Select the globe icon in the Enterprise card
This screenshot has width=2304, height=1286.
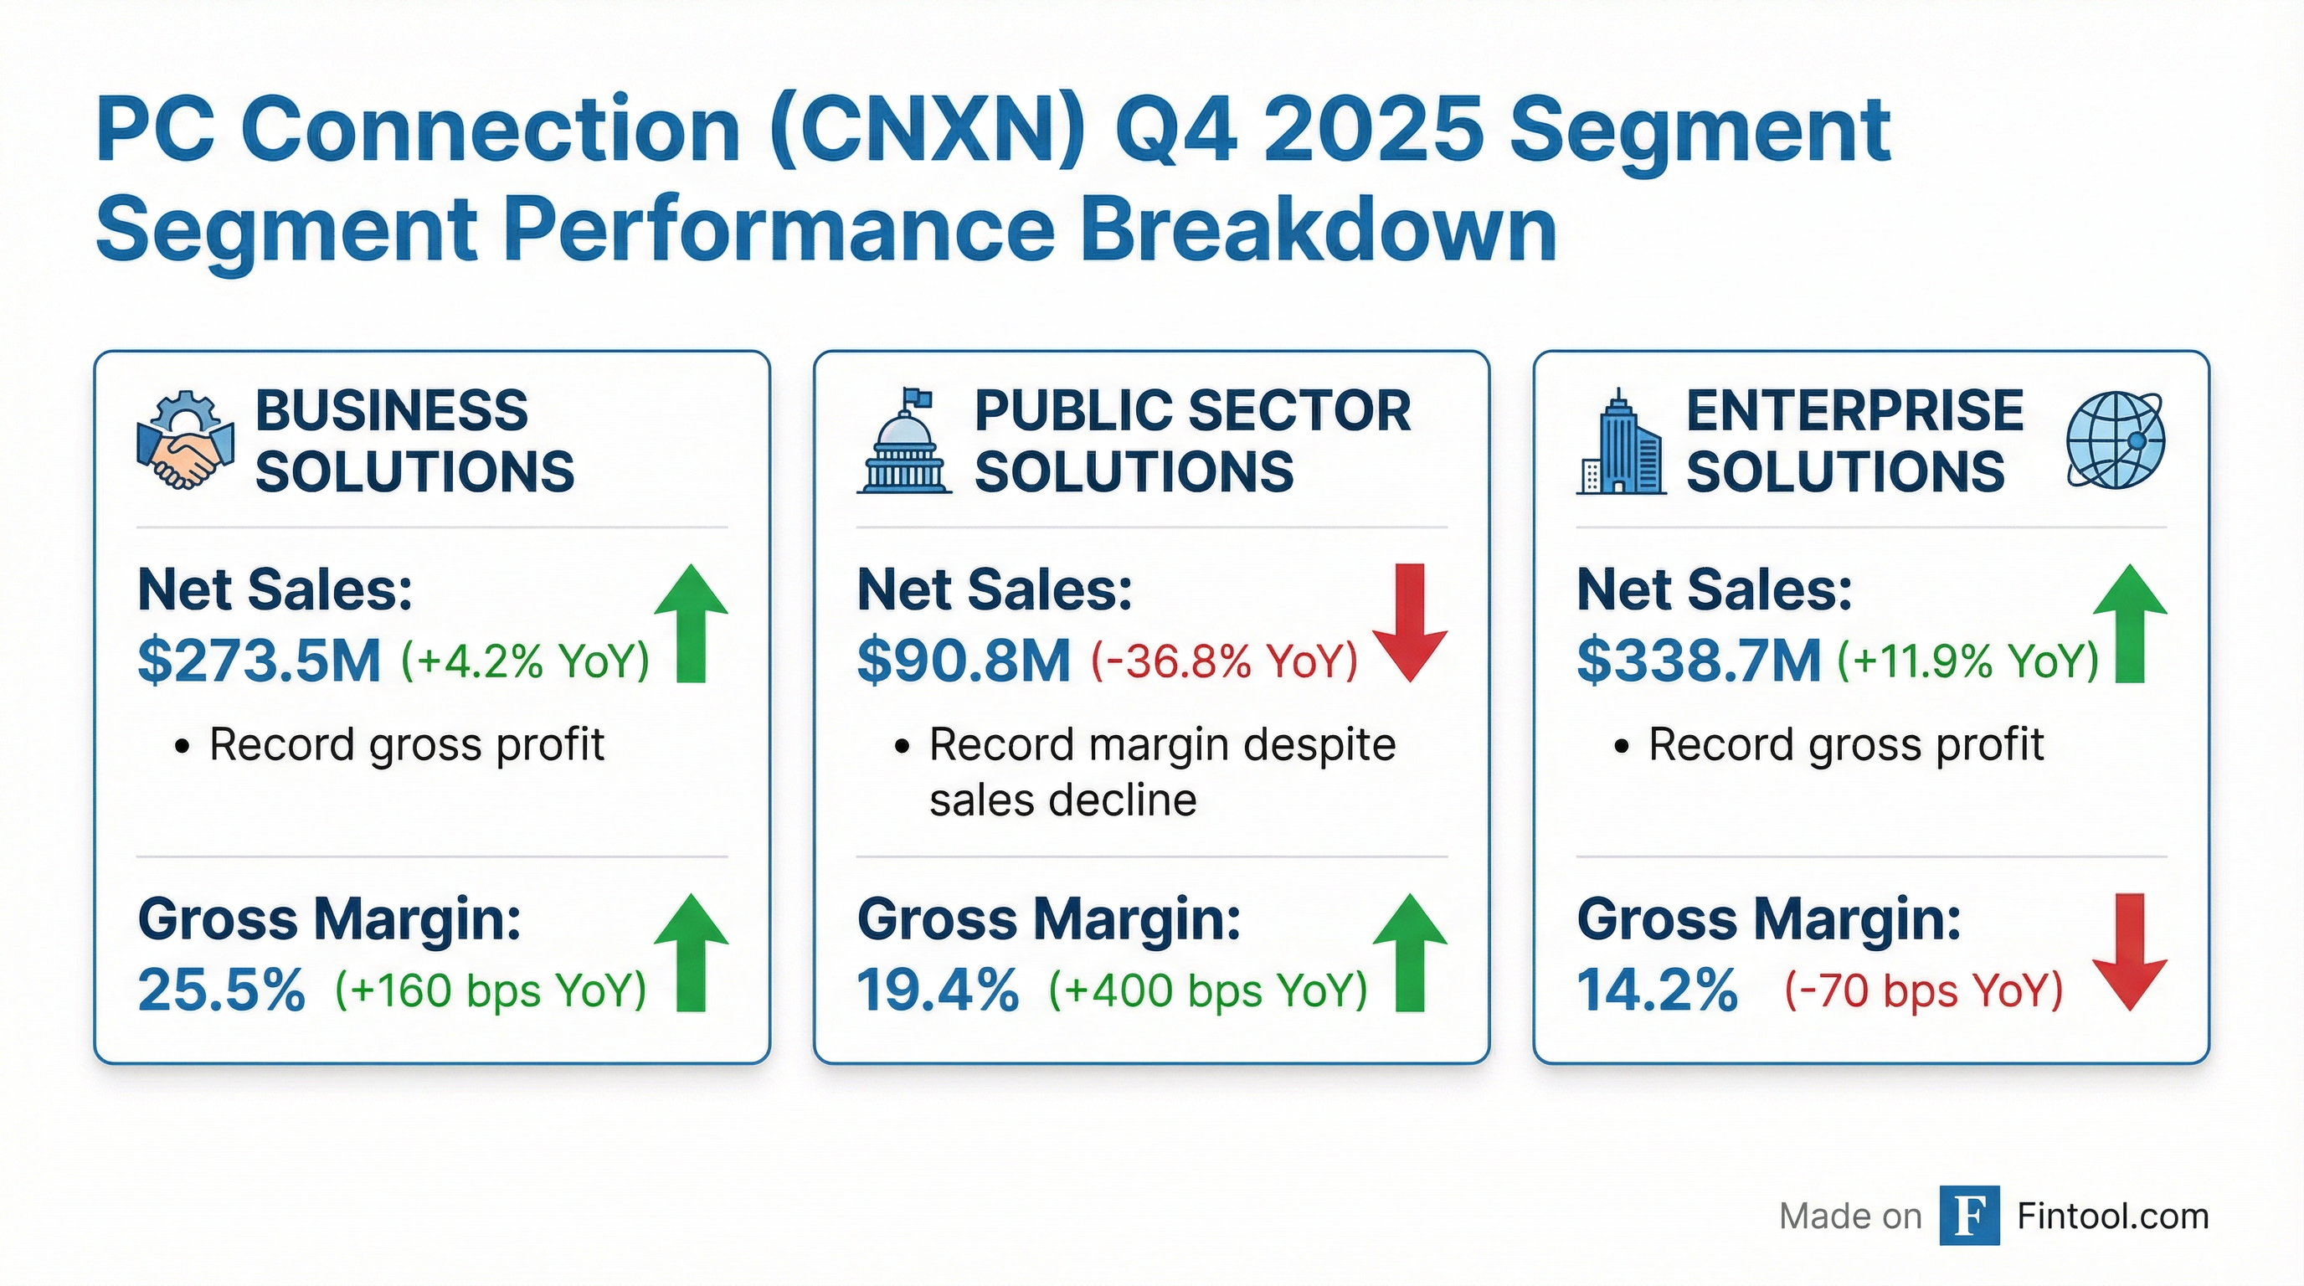coord(2116,441)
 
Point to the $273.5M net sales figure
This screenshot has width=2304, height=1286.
coord(260,661)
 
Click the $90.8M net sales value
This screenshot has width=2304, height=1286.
coord(964,661)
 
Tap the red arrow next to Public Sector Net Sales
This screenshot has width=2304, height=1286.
coord(1410,622)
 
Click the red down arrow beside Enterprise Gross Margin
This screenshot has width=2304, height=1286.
coord(2130,952)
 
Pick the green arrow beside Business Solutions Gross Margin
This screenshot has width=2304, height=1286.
coord(691,952)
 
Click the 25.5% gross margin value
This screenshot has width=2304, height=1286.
coord(222,991)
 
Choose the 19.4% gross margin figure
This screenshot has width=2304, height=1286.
coord(938,991)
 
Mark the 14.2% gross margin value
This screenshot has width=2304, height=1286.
coord(1658,991)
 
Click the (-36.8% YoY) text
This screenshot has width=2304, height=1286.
coord(1223,661)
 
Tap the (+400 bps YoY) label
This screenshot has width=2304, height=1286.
coord(1207,991)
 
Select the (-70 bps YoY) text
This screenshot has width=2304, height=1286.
coord(1924,991)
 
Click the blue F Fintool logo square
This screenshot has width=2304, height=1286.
coord(1969,1216)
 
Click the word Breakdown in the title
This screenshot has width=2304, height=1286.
coord(1319,228)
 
